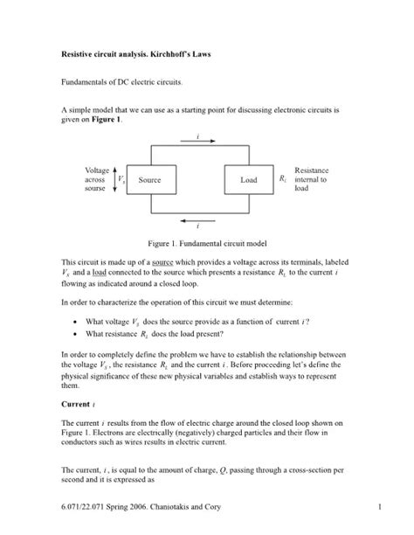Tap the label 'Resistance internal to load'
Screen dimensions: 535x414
(x=310, y=179)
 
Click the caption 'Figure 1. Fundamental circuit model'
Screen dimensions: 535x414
(x=206, y=240)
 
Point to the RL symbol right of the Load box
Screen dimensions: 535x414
(x=282, y=179)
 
